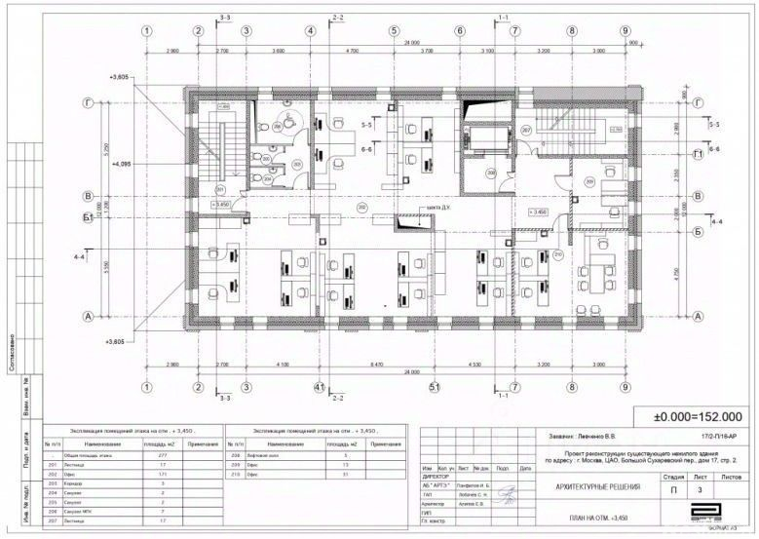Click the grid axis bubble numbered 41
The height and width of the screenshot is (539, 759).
tap(318, 387)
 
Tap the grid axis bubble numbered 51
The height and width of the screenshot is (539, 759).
tap(436, 387)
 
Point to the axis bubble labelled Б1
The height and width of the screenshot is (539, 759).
tap(88, 216)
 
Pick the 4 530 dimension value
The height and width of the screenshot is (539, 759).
tap(474, 364)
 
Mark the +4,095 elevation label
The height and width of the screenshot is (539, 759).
tap(124, 164)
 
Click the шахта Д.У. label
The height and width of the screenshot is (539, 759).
tap(430, 209)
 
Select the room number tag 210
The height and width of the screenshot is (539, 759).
tap(558, 255)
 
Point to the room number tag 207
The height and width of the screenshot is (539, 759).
tap(525, 130)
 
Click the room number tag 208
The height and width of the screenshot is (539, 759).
tap(491, 173)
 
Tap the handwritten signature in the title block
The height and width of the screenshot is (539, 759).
tap(507, 495)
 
